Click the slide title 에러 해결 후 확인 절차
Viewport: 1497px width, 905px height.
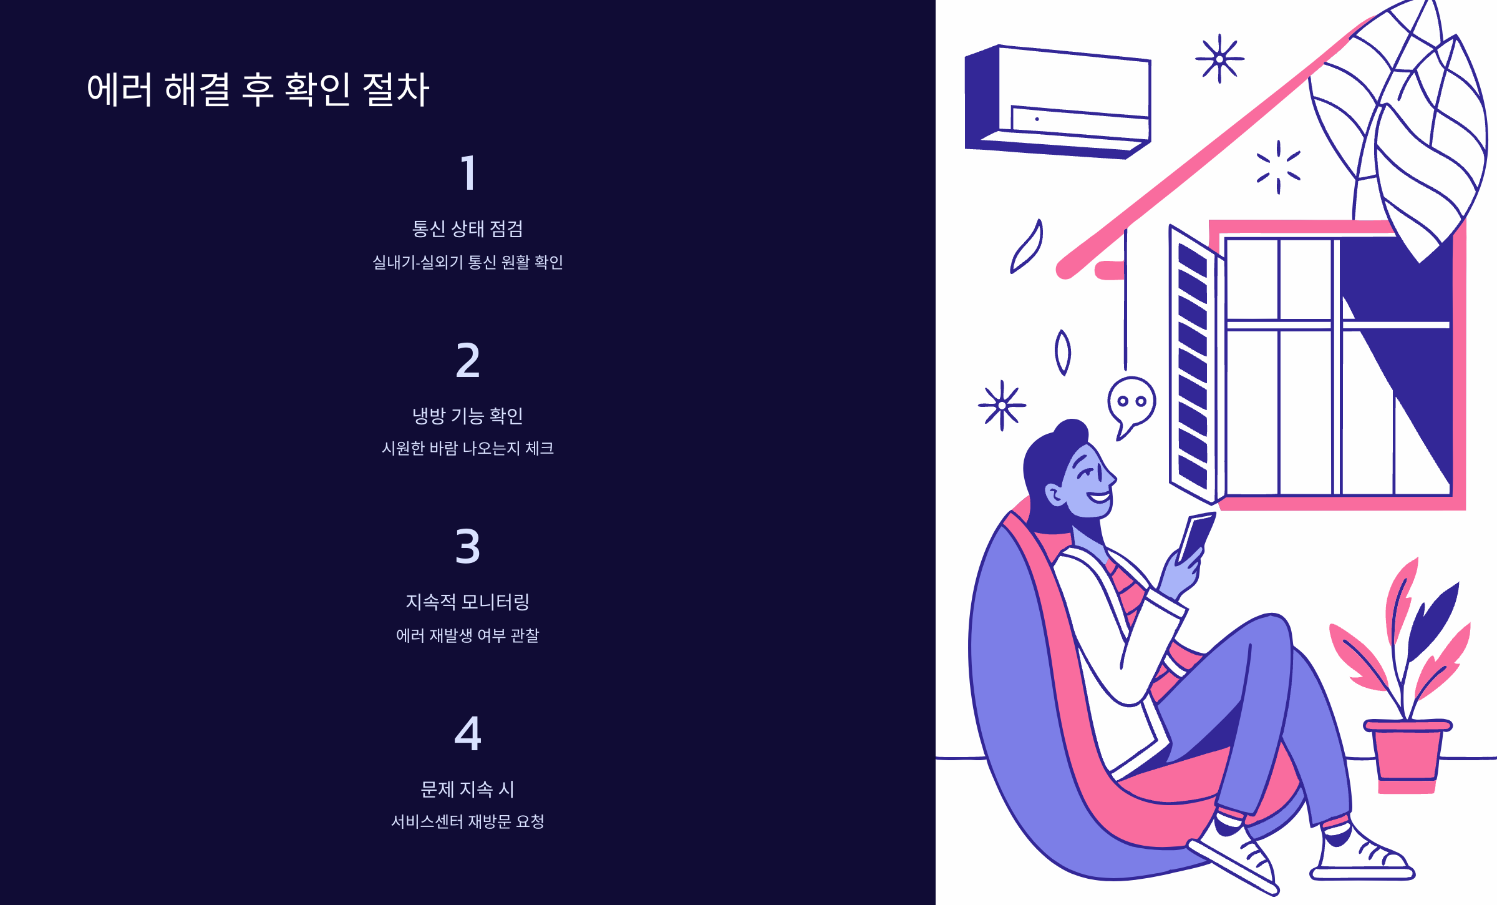coord(258,89)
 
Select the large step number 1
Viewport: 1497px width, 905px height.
coord(468,173)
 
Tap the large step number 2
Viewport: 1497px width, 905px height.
coord(468,360)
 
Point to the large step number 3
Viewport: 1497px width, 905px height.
coord(468,547)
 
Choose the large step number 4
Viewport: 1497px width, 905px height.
coord(468,733)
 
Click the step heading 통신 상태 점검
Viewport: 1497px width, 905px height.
coord(468,229)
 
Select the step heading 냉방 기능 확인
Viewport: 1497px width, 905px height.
coord(468,416)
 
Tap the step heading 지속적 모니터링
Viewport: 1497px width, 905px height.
coord(468,602)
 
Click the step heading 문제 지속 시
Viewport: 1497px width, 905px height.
coord(468,790)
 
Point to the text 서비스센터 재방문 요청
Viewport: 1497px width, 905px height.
coord(468,821)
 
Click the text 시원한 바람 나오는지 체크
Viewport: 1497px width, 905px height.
coord(468,448)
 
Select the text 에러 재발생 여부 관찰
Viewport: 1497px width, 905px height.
coord(468,635)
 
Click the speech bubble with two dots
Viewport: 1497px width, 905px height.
coord(1131,403)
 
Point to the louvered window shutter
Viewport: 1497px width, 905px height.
coord(1193,365)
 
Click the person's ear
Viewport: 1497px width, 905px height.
coord(1055,495)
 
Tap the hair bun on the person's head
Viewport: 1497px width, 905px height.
coord(1072,431)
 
